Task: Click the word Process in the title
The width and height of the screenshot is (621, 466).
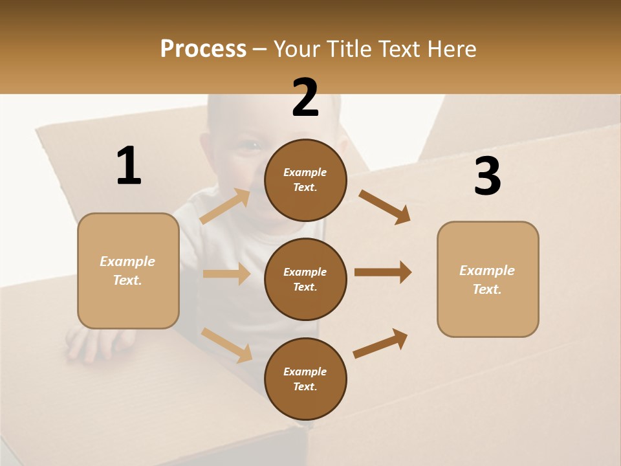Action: [203, 49]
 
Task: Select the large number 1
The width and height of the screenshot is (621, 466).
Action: [129, 166]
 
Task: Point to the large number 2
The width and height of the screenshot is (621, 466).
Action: [305, 98]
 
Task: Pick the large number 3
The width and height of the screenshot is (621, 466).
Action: [487, 177]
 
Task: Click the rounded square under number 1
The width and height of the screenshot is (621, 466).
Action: [128, 271]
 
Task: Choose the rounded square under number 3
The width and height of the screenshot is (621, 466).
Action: [488, 279]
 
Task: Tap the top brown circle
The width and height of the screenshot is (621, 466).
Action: [305, 180]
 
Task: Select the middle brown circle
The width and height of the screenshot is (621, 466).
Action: [305, 279]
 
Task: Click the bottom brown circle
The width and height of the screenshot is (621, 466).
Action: [305, 379]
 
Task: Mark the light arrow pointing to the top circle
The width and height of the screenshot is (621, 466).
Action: [225, 206]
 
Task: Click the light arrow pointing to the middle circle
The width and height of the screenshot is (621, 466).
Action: [226, 274]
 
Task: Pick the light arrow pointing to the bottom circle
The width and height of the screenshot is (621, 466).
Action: [226, 344]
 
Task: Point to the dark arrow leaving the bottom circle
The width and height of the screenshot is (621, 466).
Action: [380, 343]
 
